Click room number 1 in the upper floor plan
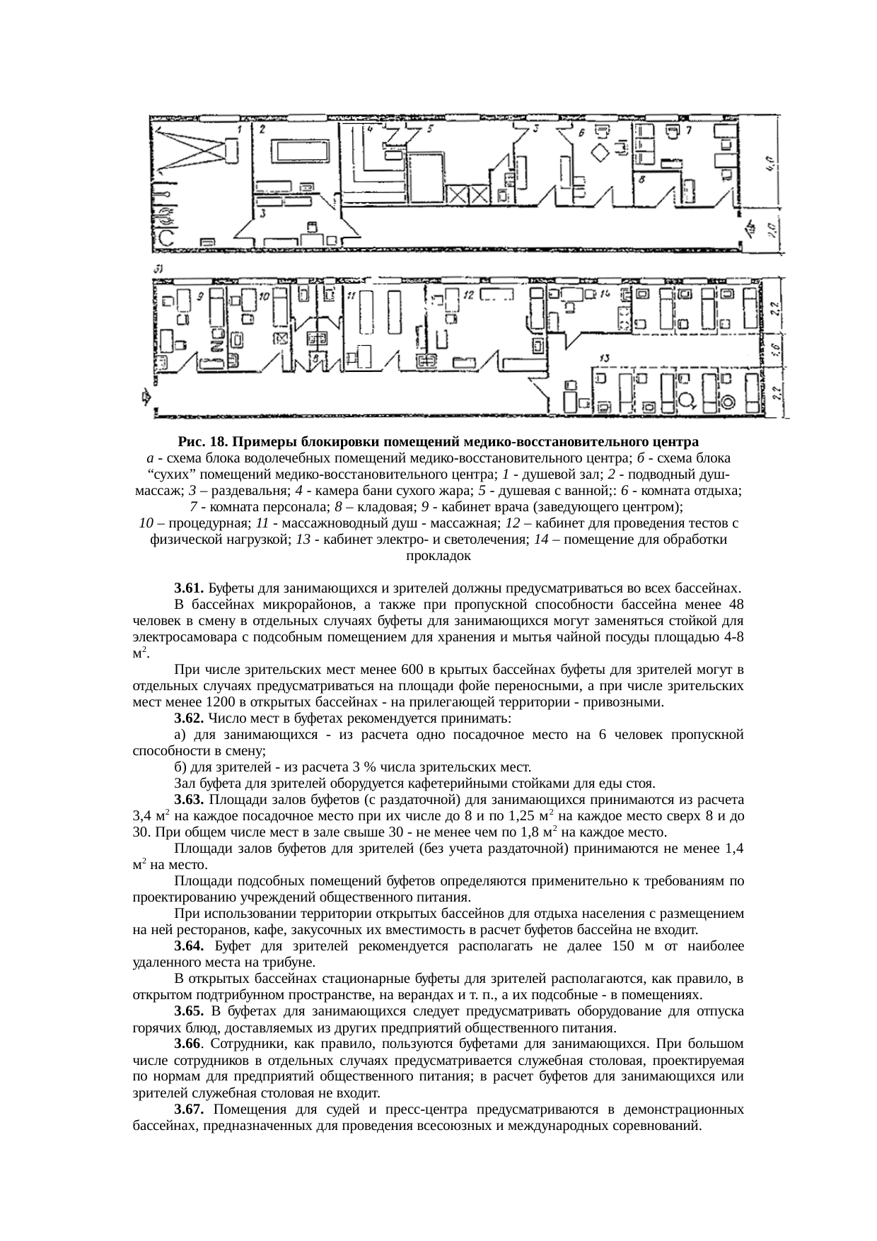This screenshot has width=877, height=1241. pyautogui.click(x=240, y=129)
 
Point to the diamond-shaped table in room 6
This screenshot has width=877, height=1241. pyautogui.click(x=601, y=152)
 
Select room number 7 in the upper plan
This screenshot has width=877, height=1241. pyautogui.click(x=688, y=130)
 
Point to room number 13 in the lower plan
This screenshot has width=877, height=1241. pyautogui.click(x=604, y=358)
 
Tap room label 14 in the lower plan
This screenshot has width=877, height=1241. pyautogui.click(x=604, y=293)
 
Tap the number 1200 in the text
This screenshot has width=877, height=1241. pyautogui.click(x=219, y=702)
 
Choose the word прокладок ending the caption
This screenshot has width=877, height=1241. pyautogui.click(x=438, y=556)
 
